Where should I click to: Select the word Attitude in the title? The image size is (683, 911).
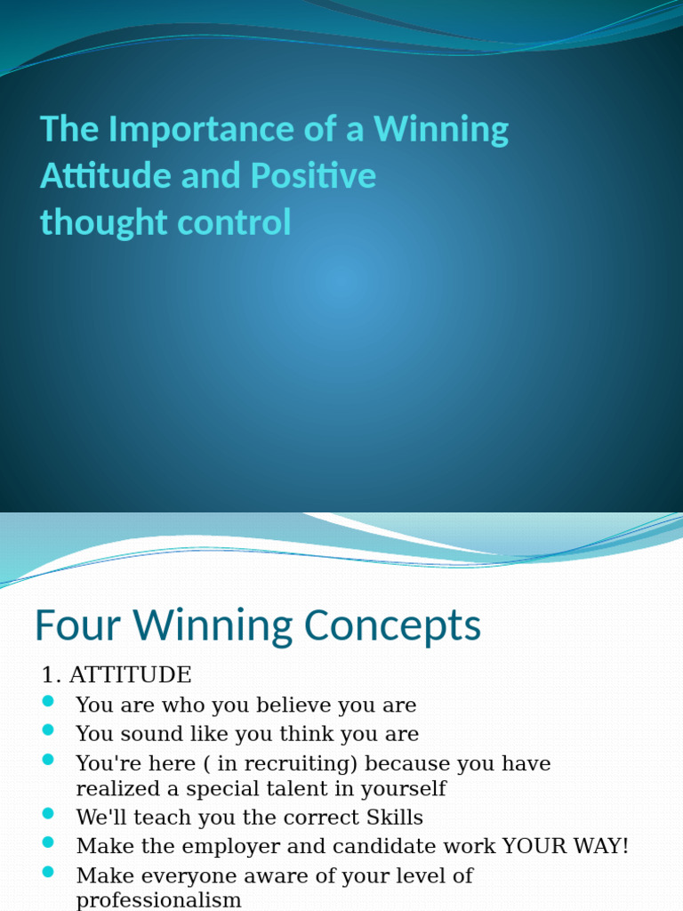tap(106, 176)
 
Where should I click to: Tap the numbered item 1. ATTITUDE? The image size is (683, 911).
tap(117, 674)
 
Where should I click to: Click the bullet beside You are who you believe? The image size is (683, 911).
tap(49, 702)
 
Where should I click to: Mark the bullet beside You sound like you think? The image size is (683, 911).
tap(49, 730)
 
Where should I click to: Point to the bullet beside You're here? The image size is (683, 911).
tap(49, 760)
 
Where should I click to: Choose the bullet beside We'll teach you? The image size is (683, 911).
tap(49, 814)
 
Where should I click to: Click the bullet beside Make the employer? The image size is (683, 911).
tap(49, 842)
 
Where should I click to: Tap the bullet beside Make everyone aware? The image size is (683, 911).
tap(49, 872)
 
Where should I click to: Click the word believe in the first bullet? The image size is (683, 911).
tap(293, 705)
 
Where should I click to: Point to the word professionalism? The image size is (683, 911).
tap(159, 900)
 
